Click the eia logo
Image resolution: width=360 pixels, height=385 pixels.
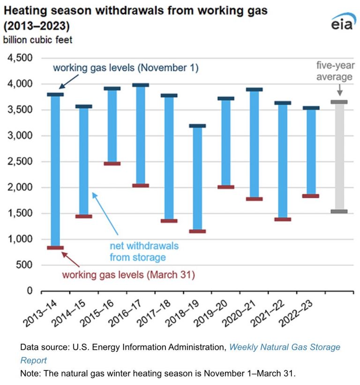(x=343, y=22)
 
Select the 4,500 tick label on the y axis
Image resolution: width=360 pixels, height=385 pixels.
(x=20, y=58)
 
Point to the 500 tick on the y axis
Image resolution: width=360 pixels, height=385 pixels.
(x=24, y=265)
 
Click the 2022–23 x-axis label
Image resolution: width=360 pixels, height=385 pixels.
(x=296, y=313)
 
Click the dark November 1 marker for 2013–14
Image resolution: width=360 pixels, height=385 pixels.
(x=55, y=95)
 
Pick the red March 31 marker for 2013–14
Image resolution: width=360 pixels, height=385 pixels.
(x=55, y=248)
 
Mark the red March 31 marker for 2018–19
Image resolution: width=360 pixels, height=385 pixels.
(x=197, y=231)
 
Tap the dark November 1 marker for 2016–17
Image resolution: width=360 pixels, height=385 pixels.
(x=141, y=85)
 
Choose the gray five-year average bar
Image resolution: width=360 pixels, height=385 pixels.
(x=339, y=156)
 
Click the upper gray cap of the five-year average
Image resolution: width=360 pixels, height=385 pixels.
(x=339, y=102)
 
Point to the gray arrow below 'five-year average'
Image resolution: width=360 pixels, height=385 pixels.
(x=339, y=90)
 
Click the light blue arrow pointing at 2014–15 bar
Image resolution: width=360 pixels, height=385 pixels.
(x=105, y=214)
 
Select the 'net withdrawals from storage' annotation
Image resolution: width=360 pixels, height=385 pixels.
(x=144, y=252)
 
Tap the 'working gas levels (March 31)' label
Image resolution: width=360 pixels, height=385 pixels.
(x=128, y=274)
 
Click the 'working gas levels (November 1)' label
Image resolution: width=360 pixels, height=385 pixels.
(x=126, y=68)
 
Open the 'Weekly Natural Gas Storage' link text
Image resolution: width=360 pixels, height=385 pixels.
(x=285, y=347)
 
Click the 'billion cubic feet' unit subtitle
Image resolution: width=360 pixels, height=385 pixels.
(x=37, y=40)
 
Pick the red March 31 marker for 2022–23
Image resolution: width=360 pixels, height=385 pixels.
(x=311, y=196)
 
